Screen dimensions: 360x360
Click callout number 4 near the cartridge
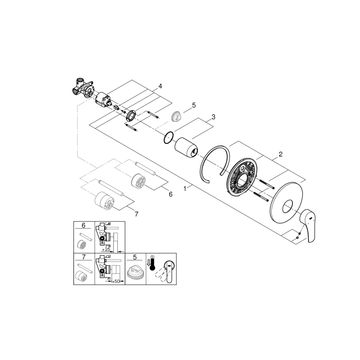[x=160, y=86]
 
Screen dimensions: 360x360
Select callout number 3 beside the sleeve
[x=213, y=117]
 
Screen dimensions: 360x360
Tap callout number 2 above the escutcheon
[x=280, y=154]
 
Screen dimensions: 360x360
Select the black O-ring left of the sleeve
[x=168, y=137]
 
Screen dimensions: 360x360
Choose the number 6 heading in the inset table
[x=84, y=226]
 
